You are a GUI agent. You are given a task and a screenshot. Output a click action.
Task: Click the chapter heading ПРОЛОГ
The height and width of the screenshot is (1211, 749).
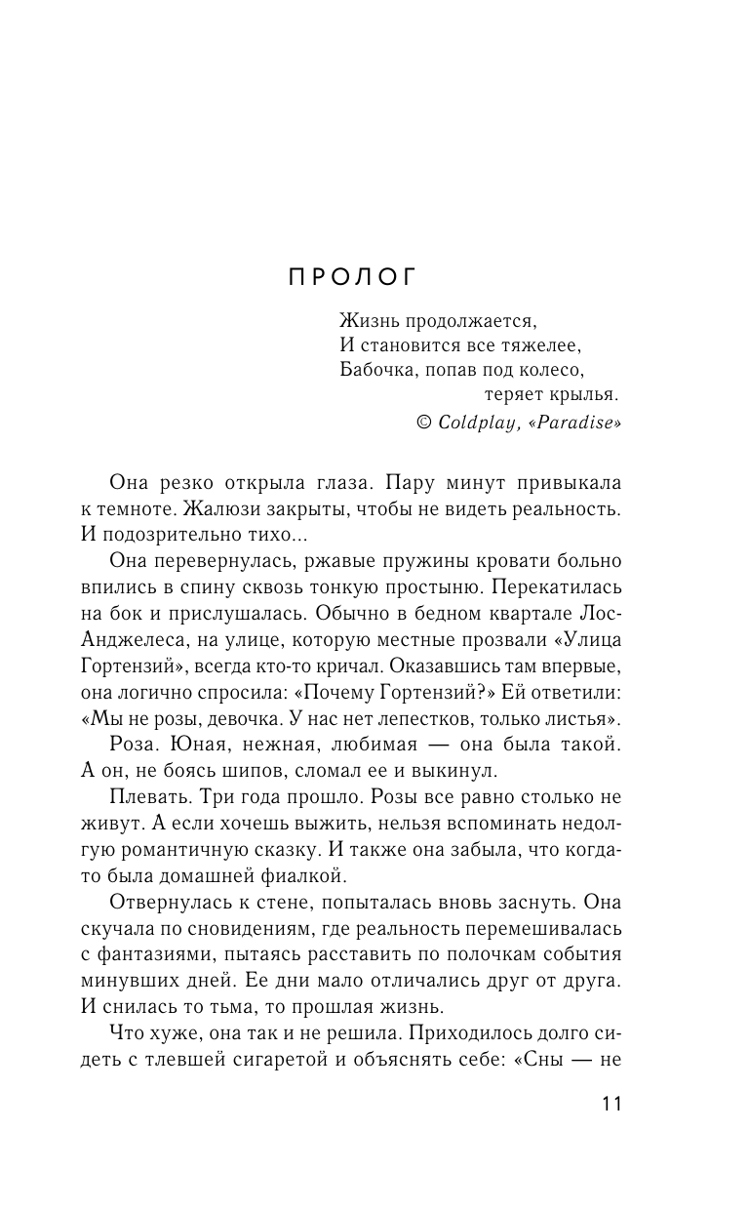352,278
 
